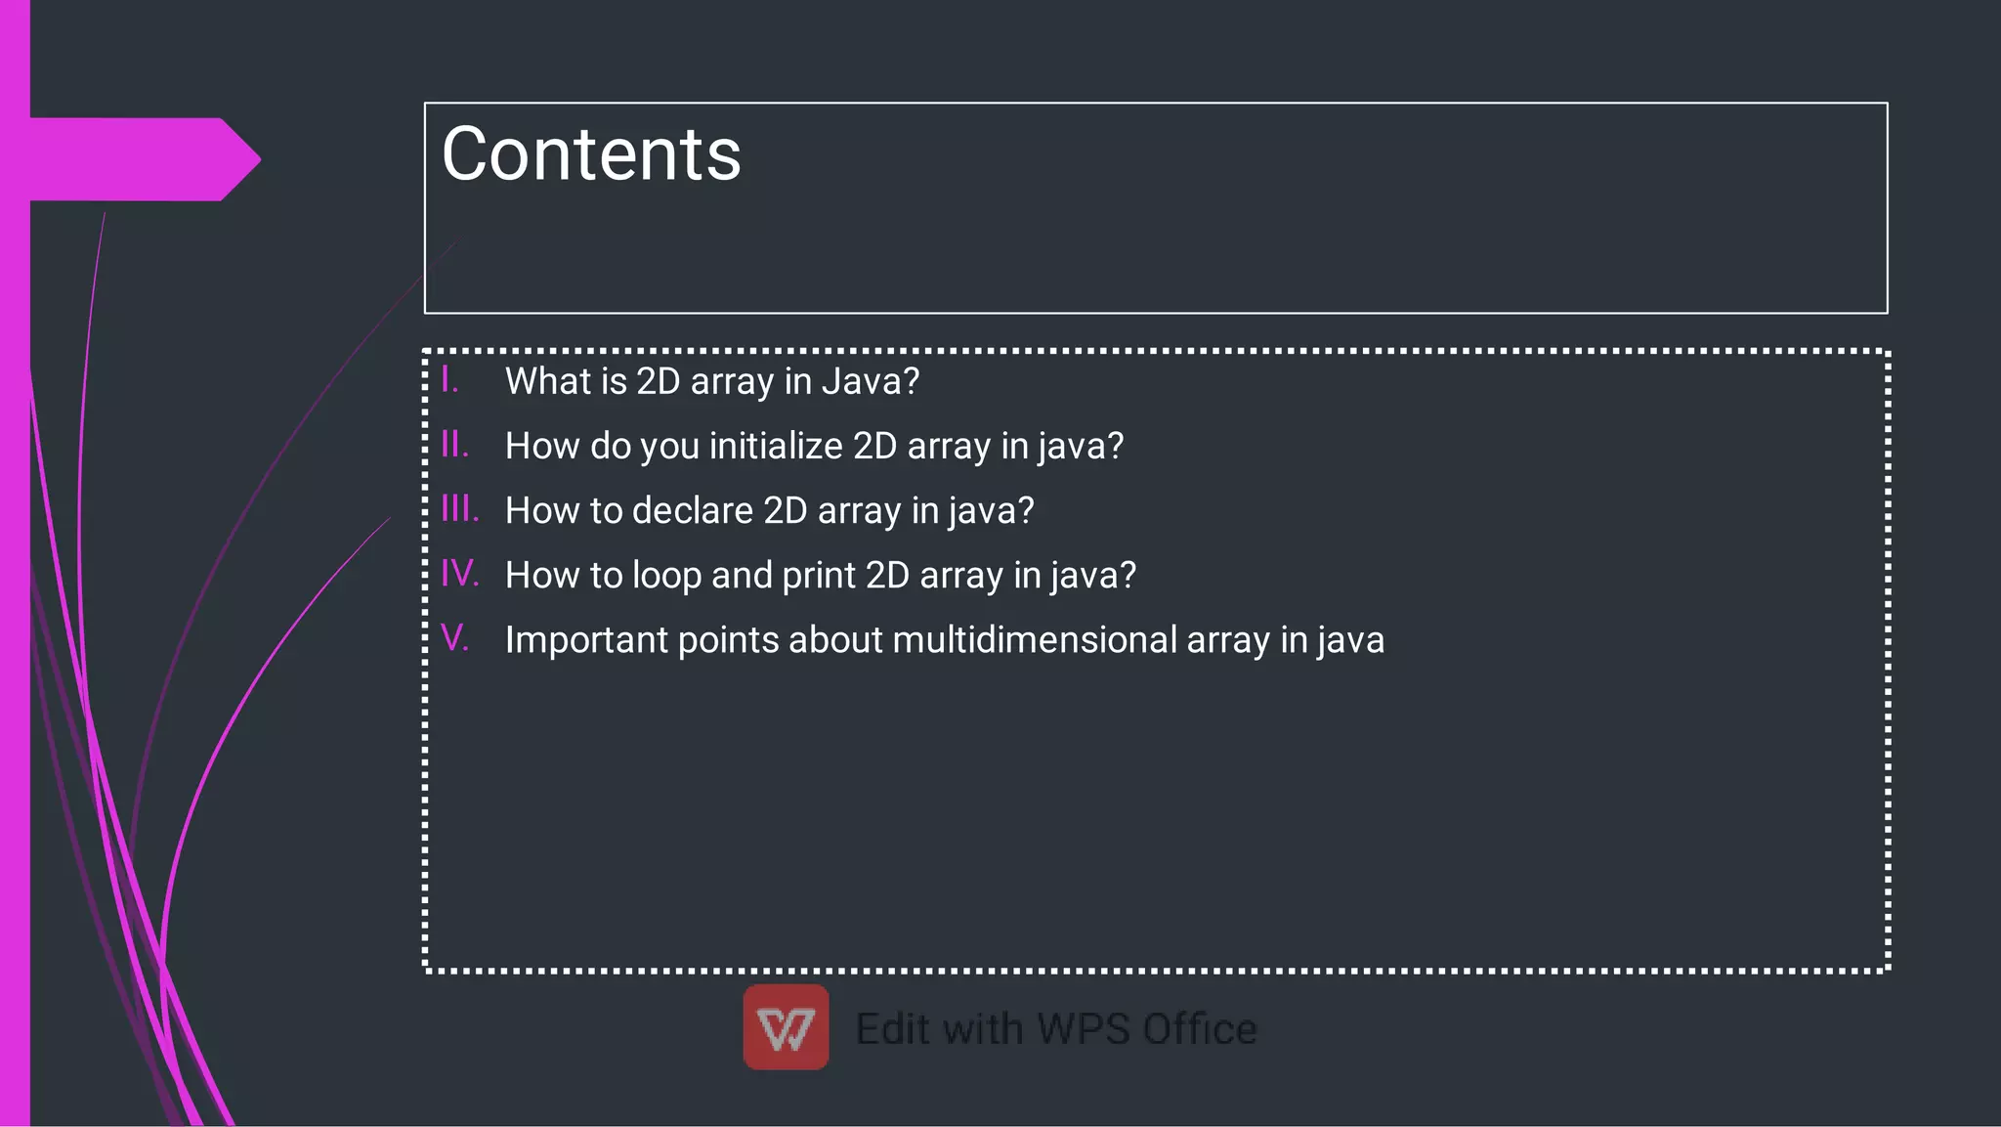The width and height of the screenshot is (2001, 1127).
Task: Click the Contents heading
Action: [x=591, y=154]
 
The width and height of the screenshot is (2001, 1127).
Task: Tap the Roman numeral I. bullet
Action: [x=449, y=379]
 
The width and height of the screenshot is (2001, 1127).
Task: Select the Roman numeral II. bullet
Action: [x=455, y=445]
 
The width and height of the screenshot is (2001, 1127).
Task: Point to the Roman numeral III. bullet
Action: [x=460, y=509]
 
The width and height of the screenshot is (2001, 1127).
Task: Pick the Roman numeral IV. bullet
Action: [x=460, y=574]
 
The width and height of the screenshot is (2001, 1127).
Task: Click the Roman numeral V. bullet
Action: [x=455, y=638]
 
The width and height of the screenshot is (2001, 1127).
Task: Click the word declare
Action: [x=692, y=510]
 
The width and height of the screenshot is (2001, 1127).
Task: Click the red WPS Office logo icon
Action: [x=786, y=1026]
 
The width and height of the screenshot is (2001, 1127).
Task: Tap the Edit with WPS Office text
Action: [x=1056, y=1029]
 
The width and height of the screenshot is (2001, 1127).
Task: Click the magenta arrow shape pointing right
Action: [x=147, y=159]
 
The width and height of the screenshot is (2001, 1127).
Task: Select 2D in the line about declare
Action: [x=785, y=510]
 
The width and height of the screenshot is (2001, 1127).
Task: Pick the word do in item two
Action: [x=611, y=446]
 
